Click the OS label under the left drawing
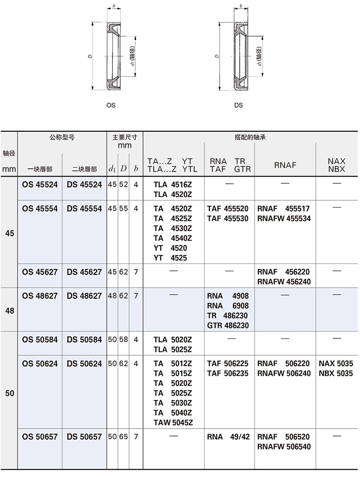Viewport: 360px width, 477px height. (x=111, y=105)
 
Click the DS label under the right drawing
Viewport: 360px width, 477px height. (x=238, y=105)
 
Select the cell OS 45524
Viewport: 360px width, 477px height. (x=40, y=185)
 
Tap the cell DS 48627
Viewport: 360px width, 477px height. (x=84, y=296)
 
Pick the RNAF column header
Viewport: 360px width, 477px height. (x=285, y=165)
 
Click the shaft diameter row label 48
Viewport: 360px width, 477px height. (x=9, y=311)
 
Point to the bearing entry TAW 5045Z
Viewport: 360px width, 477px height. (x=173, y=423)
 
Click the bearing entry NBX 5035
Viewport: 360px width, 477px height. (x=336, y=373)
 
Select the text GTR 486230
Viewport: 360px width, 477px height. (x=228, y=326)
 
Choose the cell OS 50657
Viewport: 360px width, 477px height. (x=40, y=436)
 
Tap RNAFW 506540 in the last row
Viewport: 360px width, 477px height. (x=284, y=446)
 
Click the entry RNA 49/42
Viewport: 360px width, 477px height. (x=228, y=436)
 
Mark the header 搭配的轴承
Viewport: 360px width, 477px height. (x=251, y=137)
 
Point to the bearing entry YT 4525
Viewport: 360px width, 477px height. (x=170, y=258)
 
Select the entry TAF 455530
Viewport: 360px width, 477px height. (x=228, y=218)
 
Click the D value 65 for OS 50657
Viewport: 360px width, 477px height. (x=123, y=436)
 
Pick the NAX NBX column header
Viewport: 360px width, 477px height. (x=336, y=165)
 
